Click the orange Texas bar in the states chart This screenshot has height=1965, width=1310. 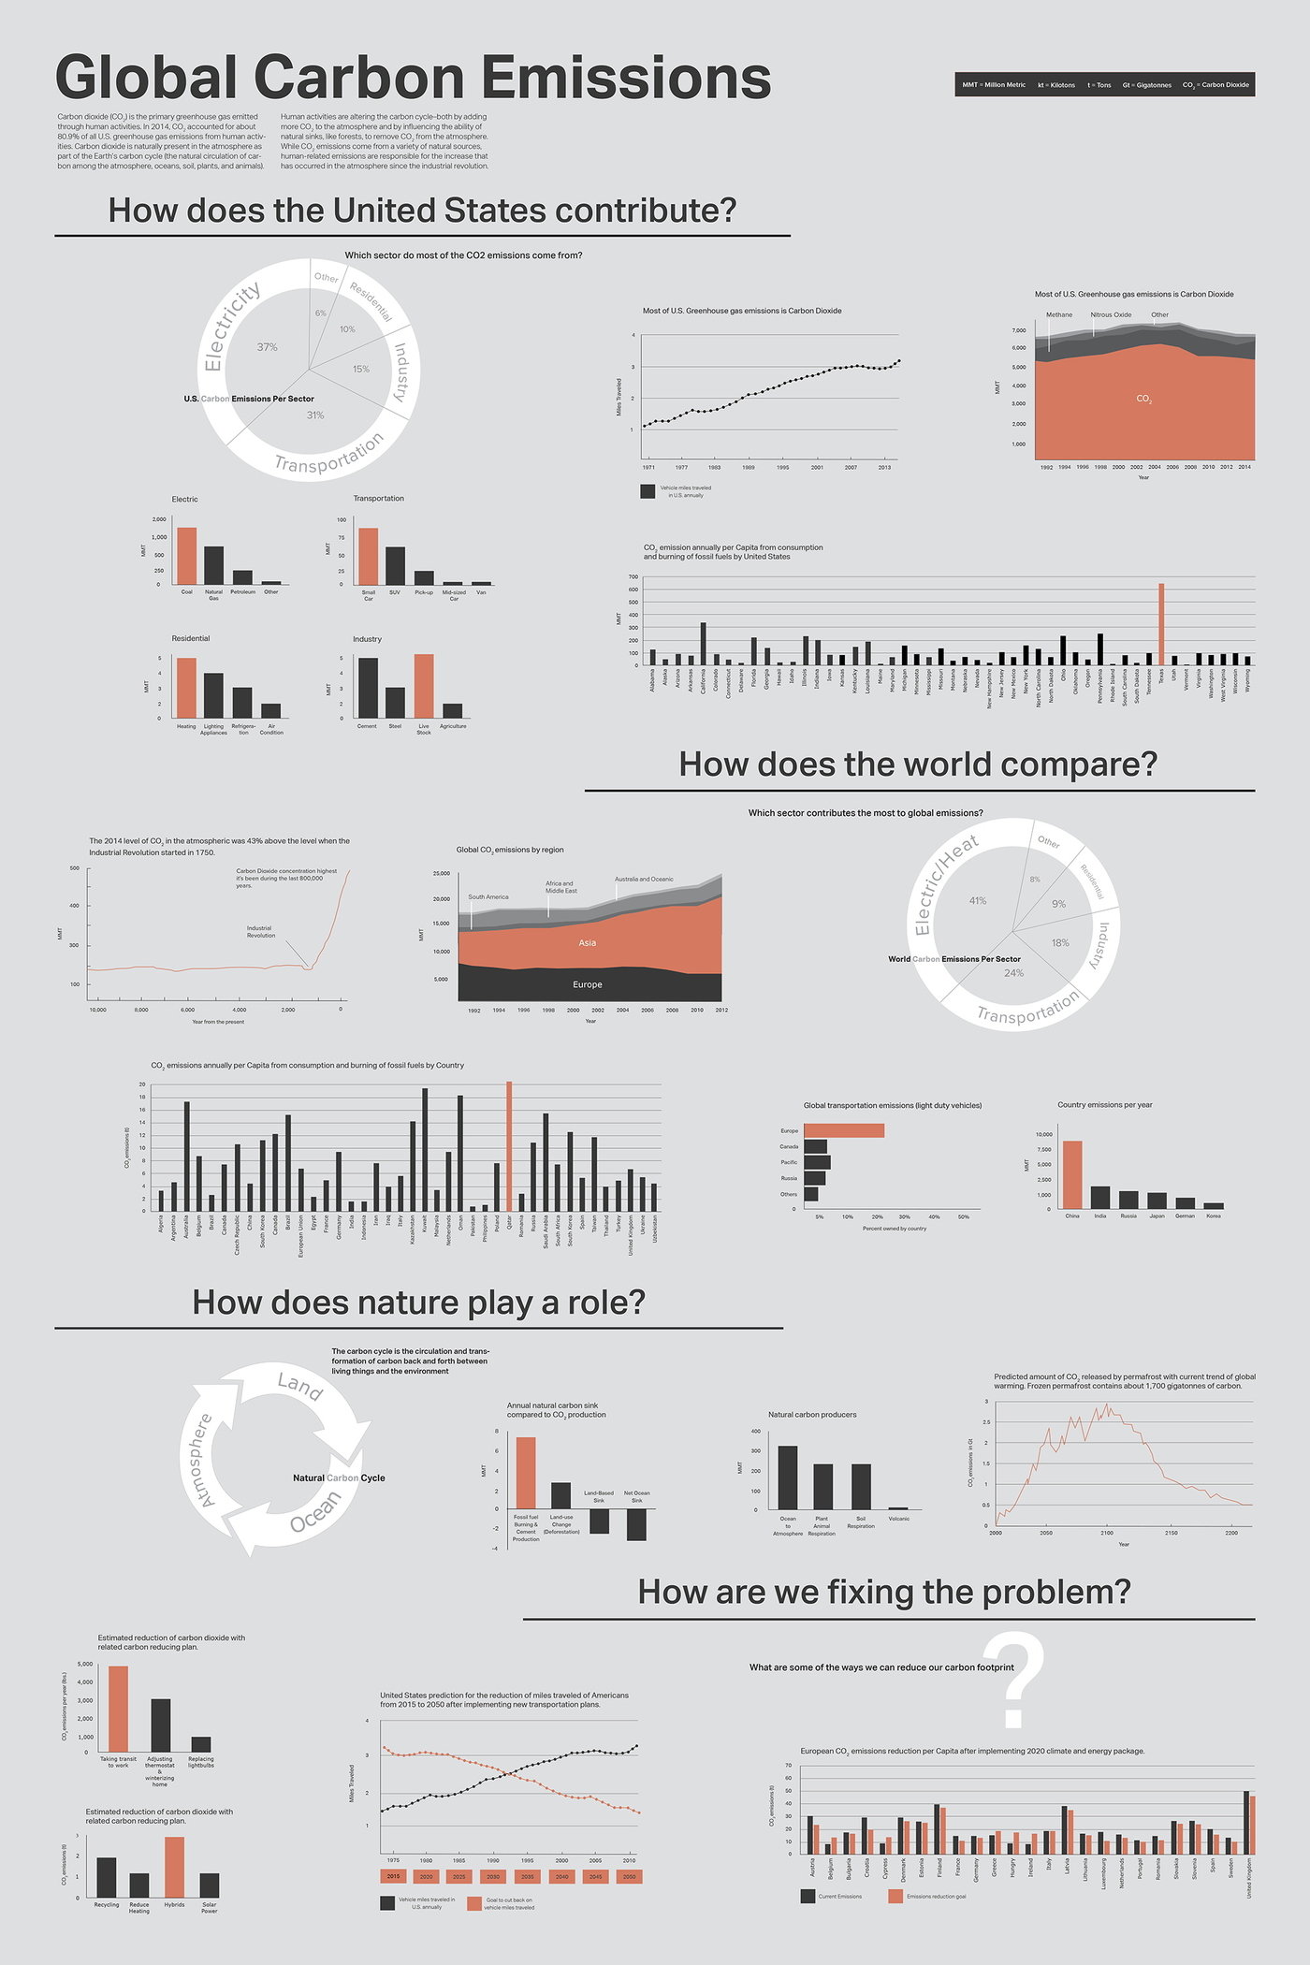pos(1161,624)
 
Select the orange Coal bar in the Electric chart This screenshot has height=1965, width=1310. pos(187,556)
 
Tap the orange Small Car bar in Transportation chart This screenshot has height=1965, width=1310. pos(369,556)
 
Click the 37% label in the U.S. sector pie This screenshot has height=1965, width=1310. pos(268,347)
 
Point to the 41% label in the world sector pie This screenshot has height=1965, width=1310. pos(978,901)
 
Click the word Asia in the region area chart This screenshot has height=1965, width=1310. pos(588,942)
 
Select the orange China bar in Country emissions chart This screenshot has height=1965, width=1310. pos(1072,1174)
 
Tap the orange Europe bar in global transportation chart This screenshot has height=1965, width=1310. pos(844,1130)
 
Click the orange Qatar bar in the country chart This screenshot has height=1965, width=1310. pos(509,1146)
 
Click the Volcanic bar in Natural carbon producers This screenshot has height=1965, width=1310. pos(898,1508)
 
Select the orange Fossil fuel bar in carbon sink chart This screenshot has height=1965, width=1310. pos(526,1473)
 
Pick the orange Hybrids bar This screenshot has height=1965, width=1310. pos(174,1867)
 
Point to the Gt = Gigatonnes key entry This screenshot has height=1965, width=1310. pos(1146,85)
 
